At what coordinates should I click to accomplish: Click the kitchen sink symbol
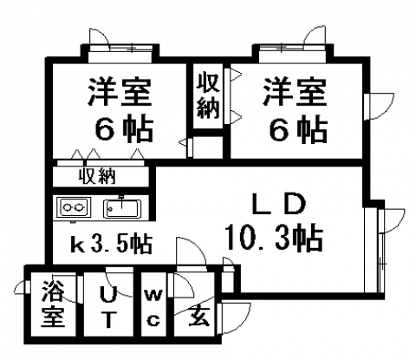(122, 208)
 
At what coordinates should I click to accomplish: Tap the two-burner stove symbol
(74, 207)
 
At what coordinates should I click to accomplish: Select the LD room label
(279, 205)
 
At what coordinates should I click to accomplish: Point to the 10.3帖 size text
(274, 239)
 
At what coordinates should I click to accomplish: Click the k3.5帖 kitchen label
(112, 245)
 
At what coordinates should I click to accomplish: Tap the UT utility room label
(108, 308)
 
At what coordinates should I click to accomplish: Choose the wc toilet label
(153, 308)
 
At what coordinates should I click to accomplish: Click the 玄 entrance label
(199, 317)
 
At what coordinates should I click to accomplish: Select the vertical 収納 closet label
(208, 95)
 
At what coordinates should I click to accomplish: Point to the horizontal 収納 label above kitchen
(98, 176)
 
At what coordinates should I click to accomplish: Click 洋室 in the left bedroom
(120, 91)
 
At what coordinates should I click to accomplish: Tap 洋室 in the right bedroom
(295, 91)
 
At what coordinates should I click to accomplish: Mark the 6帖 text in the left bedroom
(124, 128)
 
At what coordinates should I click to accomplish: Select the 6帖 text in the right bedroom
(299, 128)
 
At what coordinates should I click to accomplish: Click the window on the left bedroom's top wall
(120, 48)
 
